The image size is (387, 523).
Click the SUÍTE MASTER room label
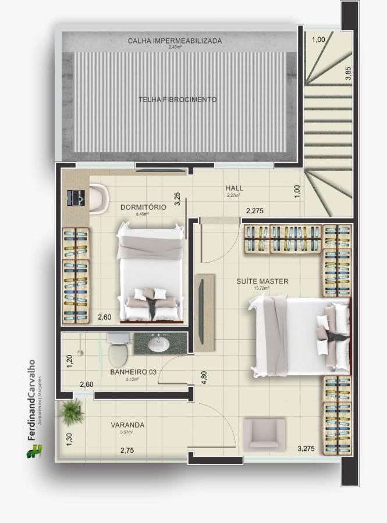pyautogui.click(x=262, y=281)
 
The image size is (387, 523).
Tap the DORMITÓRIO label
pyautogui.click(x=143, y=207)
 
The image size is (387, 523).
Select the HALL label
pyautogui.click(x=235, y=188)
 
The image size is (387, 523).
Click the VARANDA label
pyautogui.click(x=127, y=425)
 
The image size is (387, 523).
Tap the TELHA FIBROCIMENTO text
pyautogui.click(x=177, y=99)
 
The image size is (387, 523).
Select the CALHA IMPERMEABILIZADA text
pyautogui.click(x=175, y=41)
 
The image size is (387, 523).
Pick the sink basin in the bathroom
pyautogui.click(x=159, y=345)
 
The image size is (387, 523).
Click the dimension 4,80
pyautogui.click(x=204, y=377)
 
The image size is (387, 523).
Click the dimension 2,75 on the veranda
pyautogui.click(x=127, y=450)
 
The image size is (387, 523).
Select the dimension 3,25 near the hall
pyautogui.click(x=177, y=199)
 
